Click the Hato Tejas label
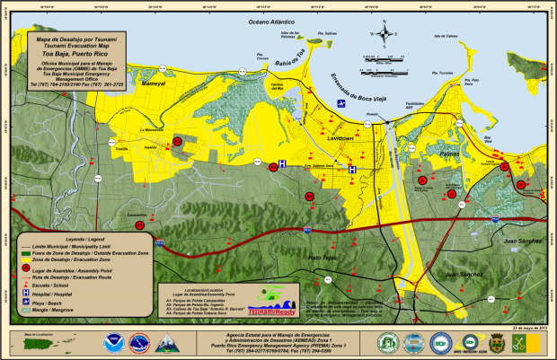point(322,258)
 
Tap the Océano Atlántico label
point(283,20)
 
